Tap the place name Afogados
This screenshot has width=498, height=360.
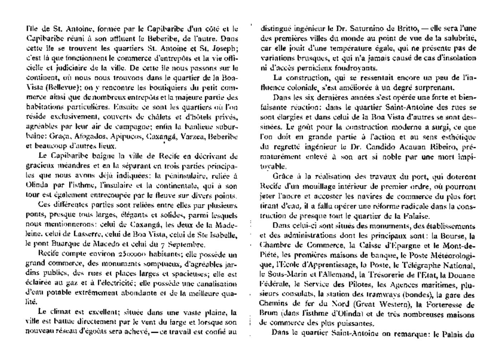89,136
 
